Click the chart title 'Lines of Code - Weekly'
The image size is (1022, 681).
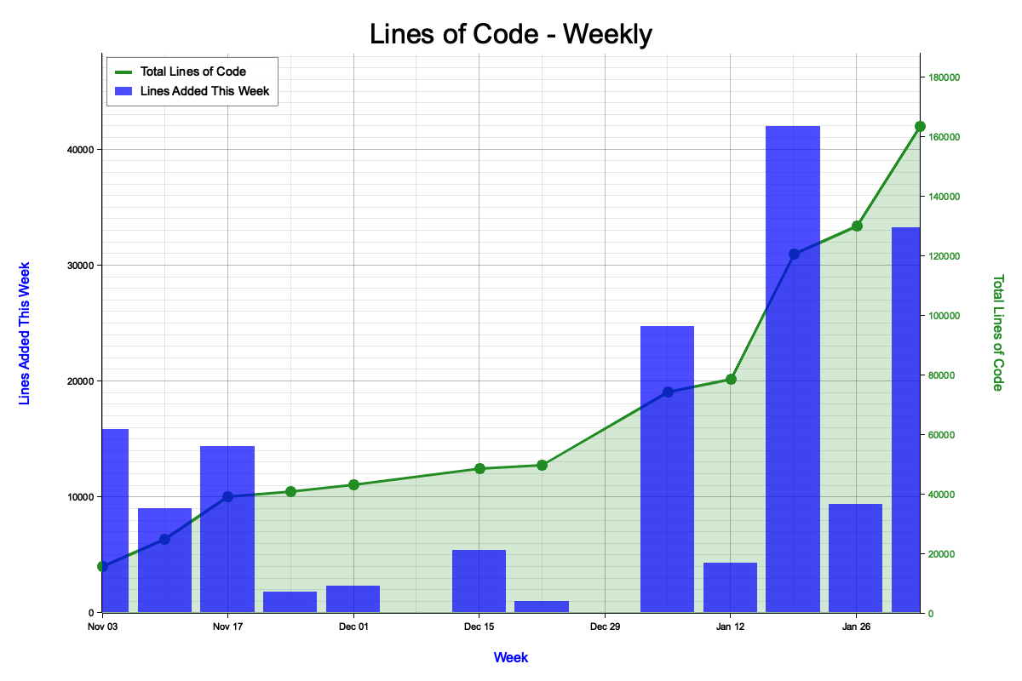(511, 34)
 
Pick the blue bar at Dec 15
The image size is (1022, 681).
(479, 581)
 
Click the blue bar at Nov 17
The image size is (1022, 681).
(227, 529)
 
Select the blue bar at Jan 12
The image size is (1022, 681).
(730, 587)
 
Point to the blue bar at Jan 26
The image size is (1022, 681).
(855, 558)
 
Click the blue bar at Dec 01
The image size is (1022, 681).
(353, 598)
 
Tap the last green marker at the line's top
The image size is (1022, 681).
(920, 126)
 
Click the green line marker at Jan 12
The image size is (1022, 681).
(730, 379)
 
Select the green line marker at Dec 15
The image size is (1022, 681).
(479, 468)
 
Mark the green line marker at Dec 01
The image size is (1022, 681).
(353, 484)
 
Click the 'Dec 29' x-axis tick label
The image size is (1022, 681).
(604, 627)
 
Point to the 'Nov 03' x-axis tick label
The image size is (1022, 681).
(101, 627)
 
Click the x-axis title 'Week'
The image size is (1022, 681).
(511, 657)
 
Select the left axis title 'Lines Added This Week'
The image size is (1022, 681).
(25, 333)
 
